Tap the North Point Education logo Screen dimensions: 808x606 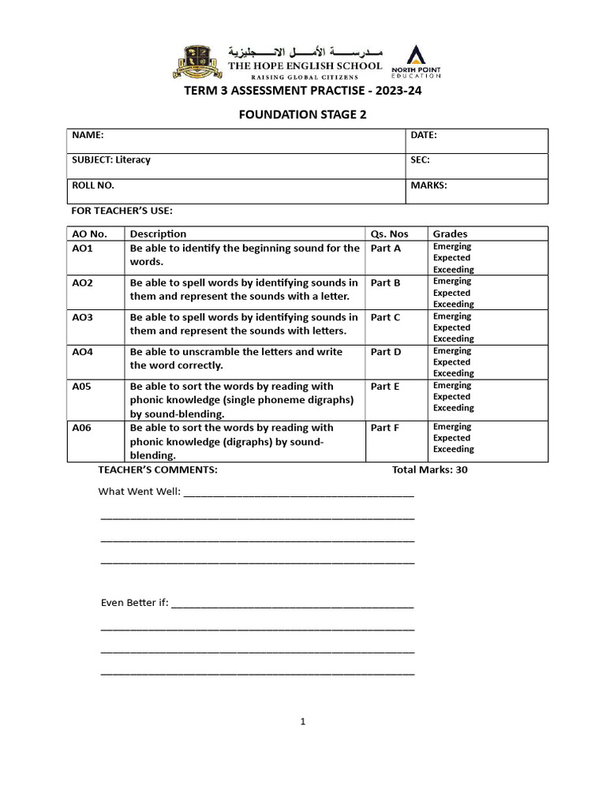[422, 62]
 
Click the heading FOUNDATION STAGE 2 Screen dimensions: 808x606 [302, 114]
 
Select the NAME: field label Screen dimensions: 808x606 [88, 136]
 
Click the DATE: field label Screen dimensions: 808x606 [424, 136]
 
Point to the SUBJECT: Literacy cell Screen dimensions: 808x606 [111, 160]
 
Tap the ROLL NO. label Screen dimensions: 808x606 [93, 185]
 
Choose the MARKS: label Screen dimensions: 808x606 [428, 185]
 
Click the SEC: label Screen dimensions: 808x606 [420, 160]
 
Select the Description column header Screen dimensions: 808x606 [158, 234]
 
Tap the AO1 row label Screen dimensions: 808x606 [83, 248]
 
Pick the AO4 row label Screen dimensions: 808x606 [83, 352]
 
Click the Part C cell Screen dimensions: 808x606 [386, 317]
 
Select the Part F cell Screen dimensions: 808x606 [386, 428]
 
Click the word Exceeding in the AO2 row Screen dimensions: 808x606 [453, 304]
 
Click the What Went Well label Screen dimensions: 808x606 [139, 492]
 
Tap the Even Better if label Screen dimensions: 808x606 [134, 603]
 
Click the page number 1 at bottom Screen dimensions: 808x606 [303, 721]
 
